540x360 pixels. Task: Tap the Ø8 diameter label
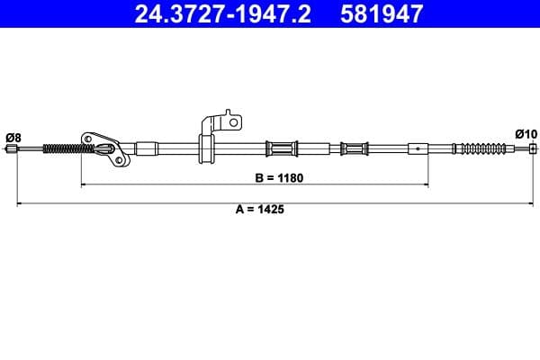coord(13,137)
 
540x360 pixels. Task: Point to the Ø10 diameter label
coord(526,133)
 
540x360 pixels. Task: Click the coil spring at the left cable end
coord(62,149)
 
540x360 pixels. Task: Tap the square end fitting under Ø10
coord(532,148)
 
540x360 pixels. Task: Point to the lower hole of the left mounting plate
coord(117,160)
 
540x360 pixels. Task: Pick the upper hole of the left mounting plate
coord(88,139)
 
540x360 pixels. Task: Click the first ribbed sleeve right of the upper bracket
coord(283,148)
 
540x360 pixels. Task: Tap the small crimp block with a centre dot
coord(418,148)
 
